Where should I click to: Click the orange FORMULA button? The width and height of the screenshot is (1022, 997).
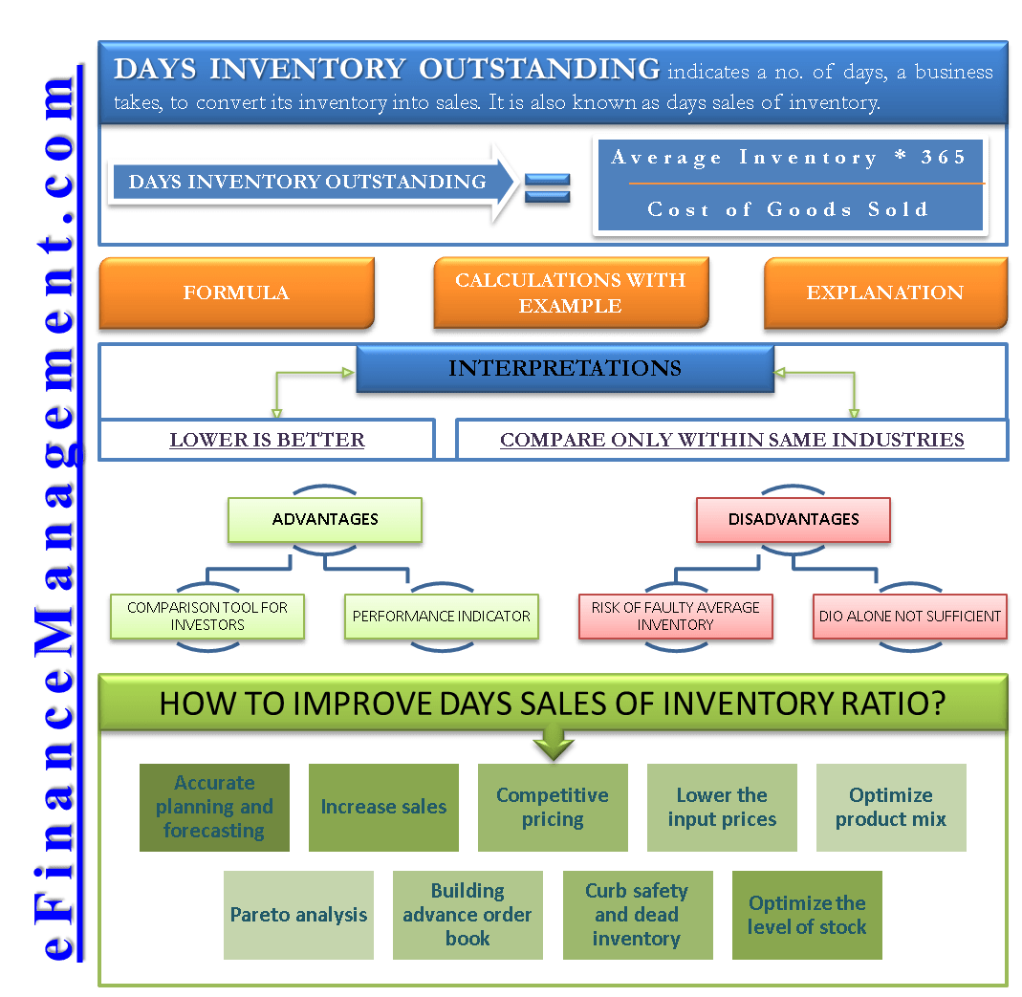(236, 293)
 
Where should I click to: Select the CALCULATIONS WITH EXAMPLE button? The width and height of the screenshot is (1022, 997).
(570, 293)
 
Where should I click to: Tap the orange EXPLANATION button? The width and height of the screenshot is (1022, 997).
(884, 293)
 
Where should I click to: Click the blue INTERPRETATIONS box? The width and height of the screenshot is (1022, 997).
(564, 369)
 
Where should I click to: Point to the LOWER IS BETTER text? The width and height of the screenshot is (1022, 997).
(267, 441)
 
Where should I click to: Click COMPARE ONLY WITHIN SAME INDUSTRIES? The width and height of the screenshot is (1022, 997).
(731, 441)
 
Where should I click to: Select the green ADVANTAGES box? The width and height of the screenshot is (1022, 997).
(325, 520)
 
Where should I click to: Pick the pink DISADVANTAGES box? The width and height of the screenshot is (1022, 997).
(794, 520)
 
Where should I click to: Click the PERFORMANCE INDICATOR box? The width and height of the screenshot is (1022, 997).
(441, 617)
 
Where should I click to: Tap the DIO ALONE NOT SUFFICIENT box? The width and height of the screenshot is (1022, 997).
(909, 617)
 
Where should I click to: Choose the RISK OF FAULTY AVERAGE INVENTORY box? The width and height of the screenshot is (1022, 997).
(675, 617)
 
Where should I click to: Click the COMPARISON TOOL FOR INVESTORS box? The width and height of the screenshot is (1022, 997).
(207, 617)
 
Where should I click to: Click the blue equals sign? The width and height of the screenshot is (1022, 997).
(547, 188)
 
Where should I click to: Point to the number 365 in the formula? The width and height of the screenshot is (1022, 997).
(944, 158)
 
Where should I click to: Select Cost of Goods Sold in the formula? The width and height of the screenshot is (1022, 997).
(788, 209)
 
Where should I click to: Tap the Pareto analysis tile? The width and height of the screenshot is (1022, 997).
(298, 915)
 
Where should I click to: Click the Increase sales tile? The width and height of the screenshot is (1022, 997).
(383, 808)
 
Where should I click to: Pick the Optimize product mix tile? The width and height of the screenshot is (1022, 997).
(890, 808)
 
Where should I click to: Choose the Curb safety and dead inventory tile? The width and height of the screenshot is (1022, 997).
(637, 915)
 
